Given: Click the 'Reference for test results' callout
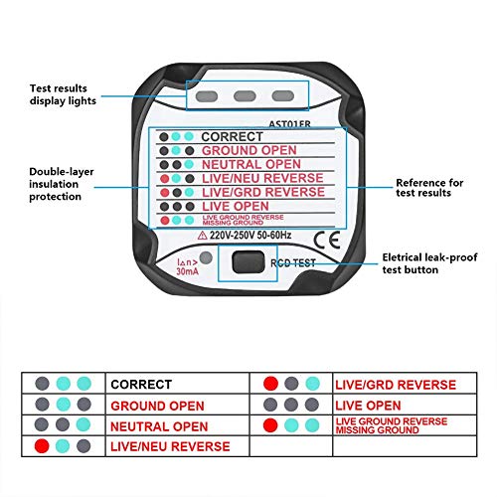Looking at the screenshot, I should pyautogui.click(x=429, y=187).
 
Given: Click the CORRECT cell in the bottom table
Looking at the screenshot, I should pyautogui.click(x=140, y=384).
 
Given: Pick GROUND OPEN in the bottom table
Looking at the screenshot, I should pyautogui.click(x=157, y=406).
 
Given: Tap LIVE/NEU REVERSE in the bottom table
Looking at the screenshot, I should pyautogui.click(x=170, y=447).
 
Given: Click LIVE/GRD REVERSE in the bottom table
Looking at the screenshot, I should pyautogui.click(x=396, y=384).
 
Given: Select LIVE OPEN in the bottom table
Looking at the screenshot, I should pyautogui.click(x=369, y=406).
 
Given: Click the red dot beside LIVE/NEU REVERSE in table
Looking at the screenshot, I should pyautogui.click(x=42, y=447).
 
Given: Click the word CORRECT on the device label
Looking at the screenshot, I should pyautogui.click(x=232, y=136).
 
